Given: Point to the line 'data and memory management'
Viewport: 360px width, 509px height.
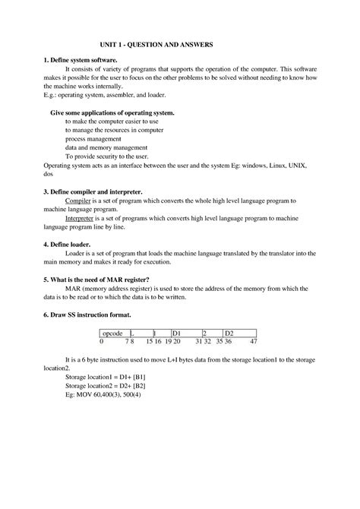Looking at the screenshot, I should point(106,147).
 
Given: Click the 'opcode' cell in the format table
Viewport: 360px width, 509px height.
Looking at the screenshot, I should point(112,333).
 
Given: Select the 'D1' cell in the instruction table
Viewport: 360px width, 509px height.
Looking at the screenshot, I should point(176,333).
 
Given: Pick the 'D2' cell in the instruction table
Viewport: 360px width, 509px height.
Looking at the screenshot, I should point(229,333).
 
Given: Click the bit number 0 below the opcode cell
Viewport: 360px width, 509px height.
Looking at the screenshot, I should point(102,341).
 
